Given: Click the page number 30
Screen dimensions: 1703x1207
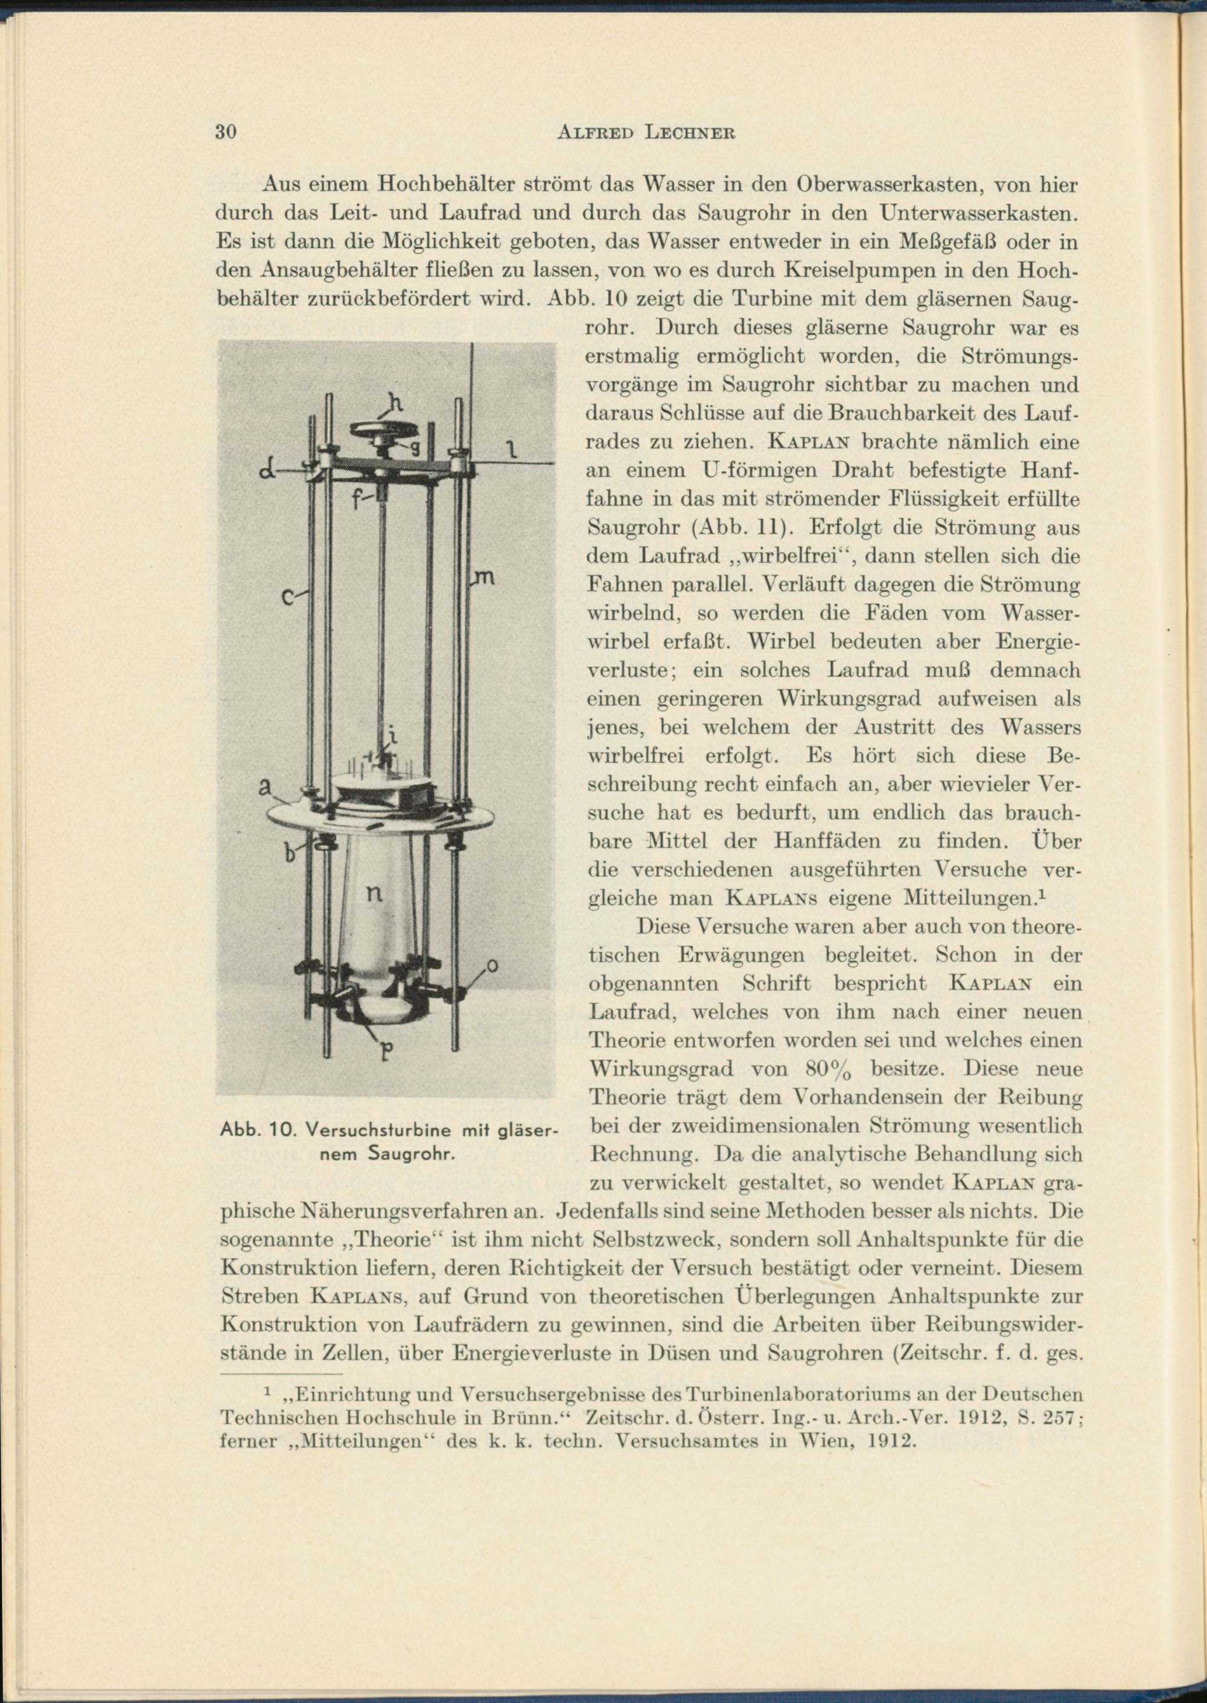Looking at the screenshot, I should [x=225, y=132].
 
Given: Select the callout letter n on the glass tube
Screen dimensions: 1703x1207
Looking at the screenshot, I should [x=375, y=895].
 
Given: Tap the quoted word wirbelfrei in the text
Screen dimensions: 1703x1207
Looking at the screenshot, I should [x=795, y=556].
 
